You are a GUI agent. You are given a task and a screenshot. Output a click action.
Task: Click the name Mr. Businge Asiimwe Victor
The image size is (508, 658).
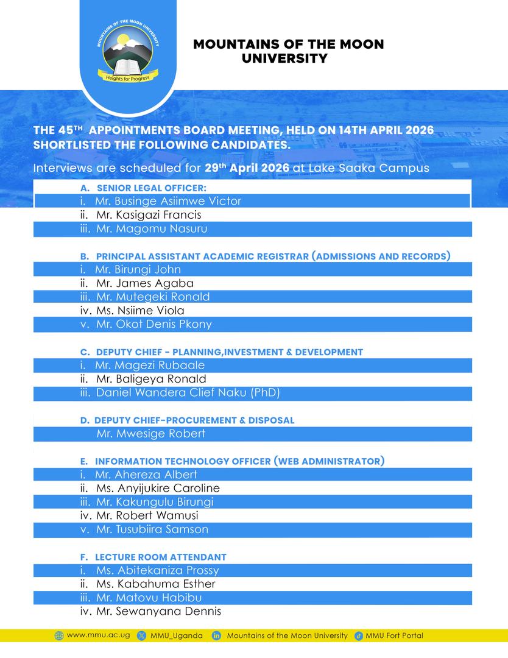coord(168,201)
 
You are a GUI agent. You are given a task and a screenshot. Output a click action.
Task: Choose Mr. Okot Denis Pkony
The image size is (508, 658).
coord(153,324)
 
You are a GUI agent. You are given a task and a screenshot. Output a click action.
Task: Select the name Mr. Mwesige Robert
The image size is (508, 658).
coord(150,434)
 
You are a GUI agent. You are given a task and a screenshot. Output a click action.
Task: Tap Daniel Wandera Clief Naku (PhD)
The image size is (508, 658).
coord(188,393)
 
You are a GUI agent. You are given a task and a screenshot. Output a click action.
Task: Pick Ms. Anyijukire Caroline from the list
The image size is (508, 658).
coord(158,488)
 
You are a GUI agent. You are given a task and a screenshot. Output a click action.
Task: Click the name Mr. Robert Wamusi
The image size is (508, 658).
coord(147,515)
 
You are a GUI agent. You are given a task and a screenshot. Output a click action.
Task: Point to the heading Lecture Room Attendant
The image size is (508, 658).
coord(160,557)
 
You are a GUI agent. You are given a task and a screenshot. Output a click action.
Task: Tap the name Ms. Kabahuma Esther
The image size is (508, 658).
coord(155,584)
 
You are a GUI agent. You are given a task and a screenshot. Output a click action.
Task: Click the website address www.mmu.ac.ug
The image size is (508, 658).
coord(98,635)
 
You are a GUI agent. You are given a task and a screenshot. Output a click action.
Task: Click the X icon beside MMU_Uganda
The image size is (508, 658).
coord(142,636)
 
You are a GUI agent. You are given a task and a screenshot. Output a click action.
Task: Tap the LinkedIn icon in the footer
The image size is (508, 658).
coord(216,636)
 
